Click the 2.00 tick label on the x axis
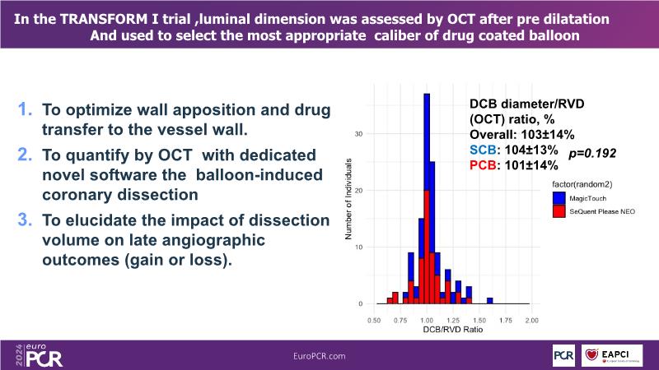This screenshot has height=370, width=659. tap(531, 320)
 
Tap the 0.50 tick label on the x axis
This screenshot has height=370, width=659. tap(375, 320)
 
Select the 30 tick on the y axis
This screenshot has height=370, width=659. tap(358, 133)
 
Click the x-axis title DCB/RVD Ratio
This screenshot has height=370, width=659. tap(452, 331)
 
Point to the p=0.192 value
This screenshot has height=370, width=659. tap(593, 153)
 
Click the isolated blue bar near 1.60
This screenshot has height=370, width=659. tap(489, 301)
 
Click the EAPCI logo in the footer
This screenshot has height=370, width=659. tap(615, 354)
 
